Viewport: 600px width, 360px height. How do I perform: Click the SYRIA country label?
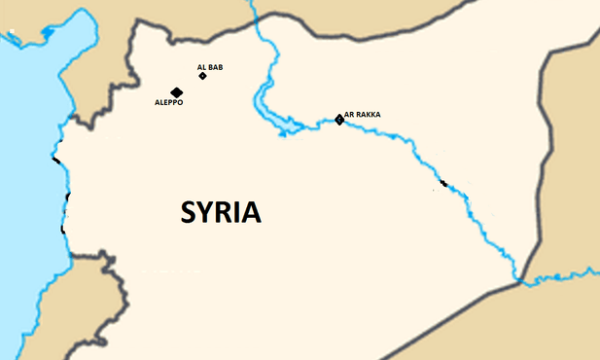221,212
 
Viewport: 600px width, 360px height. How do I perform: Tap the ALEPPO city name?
168,101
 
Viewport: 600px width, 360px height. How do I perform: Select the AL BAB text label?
210,67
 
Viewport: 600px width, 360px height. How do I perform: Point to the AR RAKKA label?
363,115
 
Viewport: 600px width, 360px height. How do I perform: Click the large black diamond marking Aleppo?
177,91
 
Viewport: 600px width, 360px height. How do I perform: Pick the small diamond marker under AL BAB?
203,76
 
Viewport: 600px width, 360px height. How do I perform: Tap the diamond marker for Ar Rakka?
339,120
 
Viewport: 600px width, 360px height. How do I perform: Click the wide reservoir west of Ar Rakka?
289,126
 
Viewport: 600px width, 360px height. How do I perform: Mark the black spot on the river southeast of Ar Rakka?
443,183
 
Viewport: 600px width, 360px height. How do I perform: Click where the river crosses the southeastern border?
521,281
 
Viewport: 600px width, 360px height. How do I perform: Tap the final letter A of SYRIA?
251,212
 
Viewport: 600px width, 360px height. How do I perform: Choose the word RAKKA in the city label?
369,115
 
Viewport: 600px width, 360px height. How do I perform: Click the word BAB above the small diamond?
216,67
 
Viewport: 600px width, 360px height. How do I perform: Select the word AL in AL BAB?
201,67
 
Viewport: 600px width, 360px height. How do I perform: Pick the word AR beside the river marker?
349,115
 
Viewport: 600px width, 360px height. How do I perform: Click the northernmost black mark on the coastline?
56,159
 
